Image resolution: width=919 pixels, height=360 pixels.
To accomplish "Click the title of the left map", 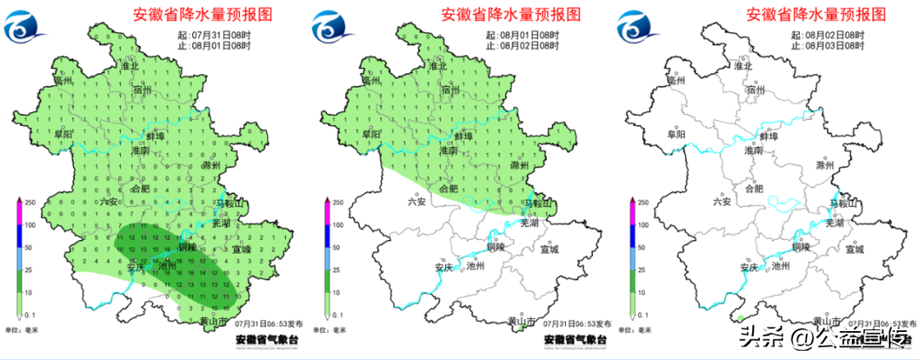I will pos(205,15).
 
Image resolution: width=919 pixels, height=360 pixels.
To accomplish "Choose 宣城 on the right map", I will pos(855,249).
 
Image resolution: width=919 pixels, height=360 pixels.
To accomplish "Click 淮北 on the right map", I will pos(743,66).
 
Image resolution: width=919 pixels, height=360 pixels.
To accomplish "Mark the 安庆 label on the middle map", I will pos(442,266).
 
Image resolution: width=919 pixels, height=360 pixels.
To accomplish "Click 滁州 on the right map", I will pos(825,165).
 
